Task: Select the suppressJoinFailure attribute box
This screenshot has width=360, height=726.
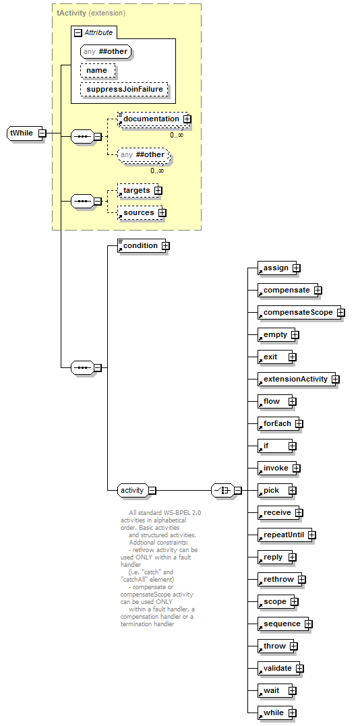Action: pyautogui.click(x=123, y=90)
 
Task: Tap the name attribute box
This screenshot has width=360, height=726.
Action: pyautogui.click(x=97, y=70)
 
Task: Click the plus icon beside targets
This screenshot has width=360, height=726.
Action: pyautogui.click(x=158, y=190)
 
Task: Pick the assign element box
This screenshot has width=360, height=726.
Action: pyautogui.click(x=276, y=268)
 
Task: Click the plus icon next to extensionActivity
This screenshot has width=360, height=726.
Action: pyautogui.click(x=336, y=380)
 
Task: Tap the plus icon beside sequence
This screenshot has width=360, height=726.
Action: pyautogui.click(x=309, y=624)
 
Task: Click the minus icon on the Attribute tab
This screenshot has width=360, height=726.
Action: pyautogui.click(x=78, y=32)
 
